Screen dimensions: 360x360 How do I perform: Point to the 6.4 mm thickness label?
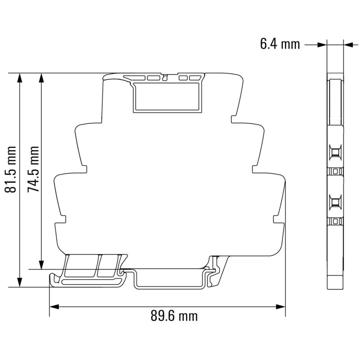pos(279,44)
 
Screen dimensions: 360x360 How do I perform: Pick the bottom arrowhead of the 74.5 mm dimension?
pos(41,264)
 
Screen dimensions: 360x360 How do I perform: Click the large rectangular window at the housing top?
pos(166,96)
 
